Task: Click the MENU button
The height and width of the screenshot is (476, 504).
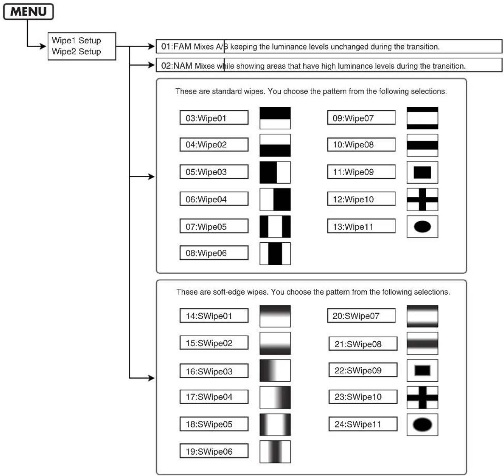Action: pyautogui.click(x=28, y=12)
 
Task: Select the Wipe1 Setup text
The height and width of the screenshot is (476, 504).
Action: pyautogui.click(x=76, y=40)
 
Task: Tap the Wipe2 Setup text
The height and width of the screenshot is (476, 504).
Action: pyautogui.click(x=76, y=52)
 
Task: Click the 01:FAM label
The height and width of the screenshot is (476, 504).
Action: pyautogui.click(x=177, y=46)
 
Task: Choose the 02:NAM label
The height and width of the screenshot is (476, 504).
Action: pyautogui.click(x=177, y=66)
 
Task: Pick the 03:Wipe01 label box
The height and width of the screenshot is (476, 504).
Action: pyautogui.click(x=214, y=118)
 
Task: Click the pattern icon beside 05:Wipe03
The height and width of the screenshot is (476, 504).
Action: pyautogui.click(x=275, y=172)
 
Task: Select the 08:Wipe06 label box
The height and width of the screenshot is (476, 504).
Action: pyautogui.click(x=214, y=253)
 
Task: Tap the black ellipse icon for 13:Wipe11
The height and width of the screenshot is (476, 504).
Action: pyautogui.click(x=422, y=226)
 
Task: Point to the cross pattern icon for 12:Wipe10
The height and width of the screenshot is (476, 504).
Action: pyautogui.click(x=422, y=199)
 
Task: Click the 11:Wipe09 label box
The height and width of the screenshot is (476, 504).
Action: pyautogui.click(x=361, y=172)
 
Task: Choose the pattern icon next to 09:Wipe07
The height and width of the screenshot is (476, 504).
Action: pyautogui.click(x=422, y=118)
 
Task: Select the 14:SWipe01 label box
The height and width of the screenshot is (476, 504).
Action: pyautogui.click(x=214, y=315)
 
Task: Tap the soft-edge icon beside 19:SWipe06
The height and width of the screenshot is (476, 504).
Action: pyautogui.click(x=275, y=452)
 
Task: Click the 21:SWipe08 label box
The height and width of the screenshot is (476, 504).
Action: pyautogui.click(x=363, y=344)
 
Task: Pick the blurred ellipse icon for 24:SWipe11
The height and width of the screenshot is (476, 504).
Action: pyautogui.click(x=422, y=424)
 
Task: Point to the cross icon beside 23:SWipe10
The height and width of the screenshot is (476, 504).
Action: pyautogui.click(x=422, y=398)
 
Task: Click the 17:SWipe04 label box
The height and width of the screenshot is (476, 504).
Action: pyautogui.click(x=214, y=397)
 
